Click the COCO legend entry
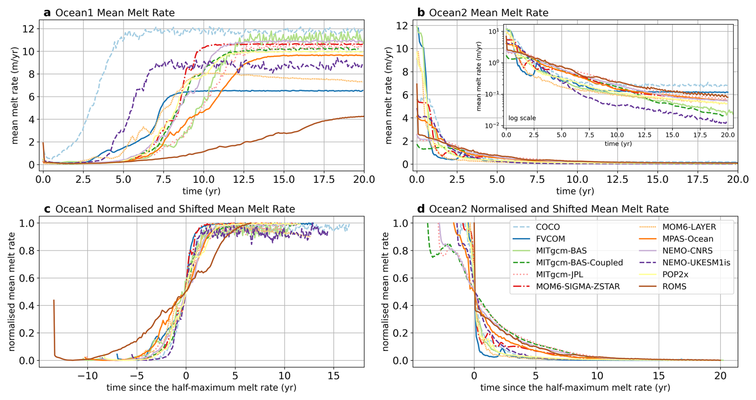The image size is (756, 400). tap(547, 227)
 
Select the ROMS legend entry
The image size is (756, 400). tap(674, 286)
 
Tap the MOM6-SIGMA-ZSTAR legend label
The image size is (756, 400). tap(578, 286)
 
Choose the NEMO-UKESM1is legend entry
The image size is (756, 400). tap(696, 263)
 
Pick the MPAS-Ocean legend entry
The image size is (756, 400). tap(687, 239)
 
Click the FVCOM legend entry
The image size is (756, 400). tap(550, 239)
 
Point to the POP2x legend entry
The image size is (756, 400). tap(675, 274)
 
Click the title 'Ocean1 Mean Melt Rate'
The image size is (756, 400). tap(115, 13)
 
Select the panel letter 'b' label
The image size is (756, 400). tap(421, 12)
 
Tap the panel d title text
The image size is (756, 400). tap(549, 209)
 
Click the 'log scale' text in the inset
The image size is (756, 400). tap(522, 118)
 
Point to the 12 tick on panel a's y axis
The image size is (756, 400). tap(29, 29)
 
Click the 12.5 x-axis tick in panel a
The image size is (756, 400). tap(244, 179)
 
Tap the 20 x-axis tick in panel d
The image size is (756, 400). tap(720, 376)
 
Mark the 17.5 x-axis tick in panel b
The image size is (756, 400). tap(697, 179)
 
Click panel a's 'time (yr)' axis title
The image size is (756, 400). tap(201, 191)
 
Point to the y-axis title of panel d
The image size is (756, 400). tap(385, 292)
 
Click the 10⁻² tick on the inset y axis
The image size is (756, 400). tap(492, 126)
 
